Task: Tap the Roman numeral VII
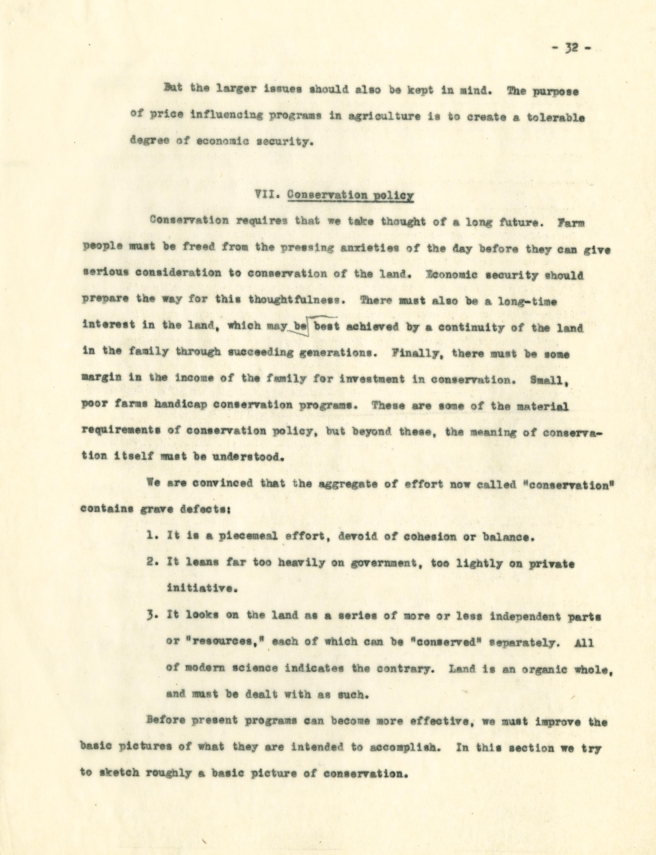tap(268, 195)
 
